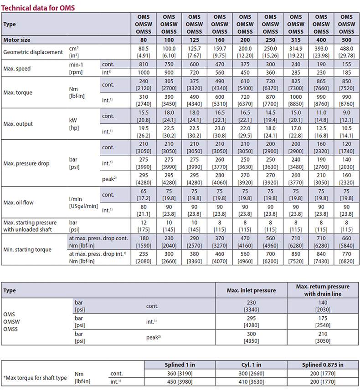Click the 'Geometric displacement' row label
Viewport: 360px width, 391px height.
(x=33, y=52)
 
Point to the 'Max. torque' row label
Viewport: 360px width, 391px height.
(x=19, y=93)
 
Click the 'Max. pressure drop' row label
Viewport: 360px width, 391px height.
(x=26, y=163)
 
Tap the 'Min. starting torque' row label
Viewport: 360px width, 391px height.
(x=27, y=249)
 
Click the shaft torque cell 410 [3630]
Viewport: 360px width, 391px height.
(x=252, y=381)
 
